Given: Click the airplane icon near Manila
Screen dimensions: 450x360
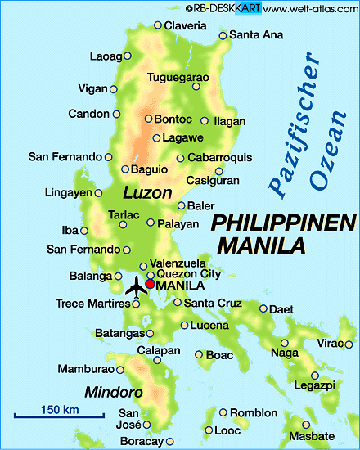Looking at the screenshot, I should (x=136, y=287).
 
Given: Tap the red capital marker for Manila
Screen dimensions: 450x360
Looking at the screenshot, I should (x=150, y=285).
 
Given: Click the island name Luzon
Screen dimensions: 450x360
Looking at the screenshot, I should (x=147, y=194).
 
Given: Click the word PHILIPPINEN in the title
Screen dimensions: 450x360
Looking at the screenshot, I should (x=284, y=223).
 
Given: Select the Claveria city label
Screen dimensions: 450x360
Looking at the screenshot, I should (x=185, y=25).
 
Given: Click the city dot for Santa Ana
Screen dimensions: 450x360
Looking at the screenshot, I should (x=222, y=35).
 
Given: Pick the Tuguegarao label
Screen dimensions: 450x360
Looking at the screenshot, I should (x=178, y=78).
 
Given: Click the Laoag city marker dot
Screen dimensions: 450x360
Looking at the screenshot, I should (x=127, y=57).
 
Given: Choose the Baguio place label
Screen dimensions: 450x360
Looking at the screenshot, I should (x=149, y=169).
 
